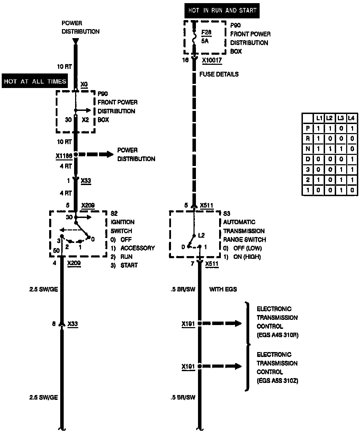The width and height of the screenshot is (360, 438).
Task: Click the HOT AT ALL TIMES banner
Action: (35, 81)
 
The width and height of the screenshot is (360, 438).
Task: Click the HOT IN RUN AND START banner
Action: (222, 10)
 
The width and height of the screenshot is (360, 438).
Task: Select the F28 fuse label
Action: (206, 33)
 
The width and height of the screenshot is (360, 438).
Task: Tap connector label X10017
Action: (212, 60)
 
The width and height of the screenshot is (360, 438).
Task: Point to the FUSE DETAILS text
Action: (219, 74)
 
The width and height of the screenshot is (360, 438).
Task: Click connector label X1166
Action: (64, 156)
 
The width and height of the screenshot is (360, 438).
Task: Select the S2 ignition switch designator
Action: (114, 213)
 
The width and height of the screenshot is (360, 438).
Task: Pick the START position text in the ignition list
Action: (129, 265)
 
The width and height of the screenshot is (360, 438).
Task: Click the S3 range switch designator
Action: (227, 213)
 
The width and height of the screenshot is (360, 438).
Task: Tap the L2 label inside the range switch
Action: (201, 236)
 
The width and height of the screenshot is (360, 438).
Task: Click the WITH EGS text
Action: (223, 289)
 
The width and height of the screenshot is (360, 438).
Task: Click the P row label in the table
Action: (308, 129)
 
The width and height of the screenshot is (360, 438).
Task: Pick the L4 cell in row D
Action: (351, 159)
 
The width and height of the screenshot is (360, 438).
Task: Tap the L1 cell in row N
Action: (318, 149)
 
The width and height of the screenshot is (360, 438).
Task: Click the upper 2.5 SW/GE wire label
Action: (44, 289)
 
